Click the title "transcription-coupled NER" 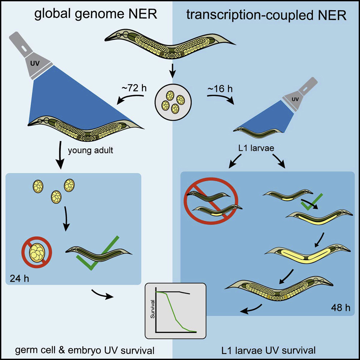[266, 15]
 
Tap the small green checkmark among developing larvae [311, 203]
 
